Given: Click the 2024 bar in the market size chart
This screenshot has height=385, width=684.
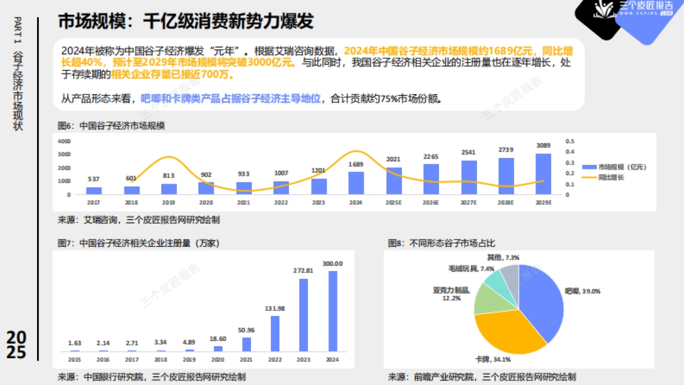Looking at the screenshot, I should click(356, 183).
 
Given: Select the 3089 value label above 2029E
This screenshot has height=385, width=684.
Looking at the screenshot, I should click(543, 146).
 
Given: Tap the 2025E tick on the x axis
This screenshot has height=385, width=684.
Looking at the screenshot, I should click(393, 202).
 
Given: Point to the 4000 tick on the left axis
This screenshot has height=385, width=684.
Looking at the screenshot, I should click(64, 141).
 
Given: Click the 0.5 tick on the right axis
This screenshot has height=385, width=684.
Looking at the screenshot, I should click(569, 141).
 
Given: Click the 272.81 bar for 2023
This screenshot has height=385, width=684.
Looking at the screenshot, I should click(303, 314).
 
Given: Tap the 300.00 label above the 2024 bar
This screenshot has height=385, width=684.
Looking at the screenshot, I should click(333, 264).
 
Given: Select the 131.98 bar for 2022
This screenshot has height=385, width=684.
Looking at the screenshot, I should click(275, 333).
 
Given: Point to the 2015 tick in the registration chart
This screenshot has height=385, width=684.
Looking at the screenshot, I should click(74, 360).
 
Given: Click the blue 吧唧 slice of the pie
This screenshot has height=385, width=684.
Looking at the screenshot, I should click(541, 299).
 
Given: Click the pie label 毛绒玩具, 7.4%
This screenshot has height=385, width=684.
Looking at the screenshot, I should click(464, 269).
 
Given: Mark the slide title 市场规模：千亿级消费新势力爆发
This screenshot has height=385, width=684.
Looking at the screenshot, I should click(186, 22).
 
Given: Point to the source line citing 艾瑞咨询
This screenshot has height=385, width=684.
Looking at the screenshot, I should click(138, 220).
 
